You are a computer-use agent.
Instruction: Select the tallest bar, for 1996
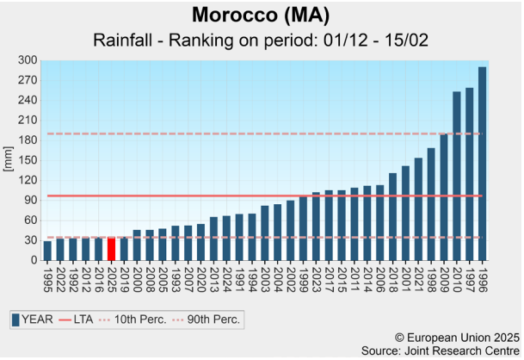click(x=482, y=164)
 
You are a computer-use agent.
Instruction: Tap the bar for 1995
click(x=47, y=251)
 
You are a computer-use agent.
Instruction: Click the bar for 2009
click(x=444, y=197)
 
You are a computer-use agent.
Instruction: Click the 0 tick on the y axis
click(x=34, y=260)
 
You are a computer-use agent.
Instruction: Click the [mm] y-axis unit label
click(x=9, y=160)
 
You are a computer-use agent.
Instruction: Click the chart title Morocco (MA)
click(x=262, y=16)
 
